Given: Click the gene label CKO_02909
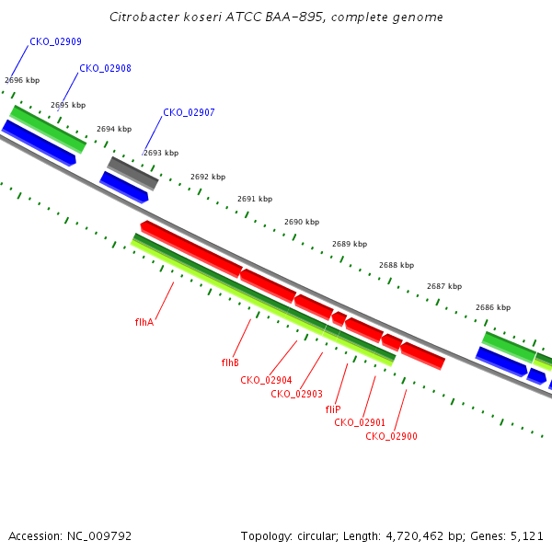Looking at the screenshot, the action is click(55, 42).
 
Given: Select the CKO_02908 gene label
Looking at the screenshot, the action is click(105, 68).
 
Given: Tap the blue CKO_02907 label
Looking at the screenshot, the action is click(189, 112).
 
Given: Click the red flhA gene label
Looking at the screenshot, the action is click(144, 322).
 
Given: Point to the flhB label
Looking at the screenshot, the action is click(230, 362).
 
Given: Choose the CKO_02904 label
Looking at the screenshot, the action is click(266, 380).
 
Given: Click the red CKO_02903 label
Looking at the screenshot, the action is click(297, 394).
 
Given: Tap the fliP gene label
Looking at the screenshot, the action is click(333, 409).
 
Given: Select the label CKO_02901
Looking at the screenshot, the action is click(360, 422).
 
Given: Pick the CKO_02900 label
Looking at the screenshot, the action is click(392, 436).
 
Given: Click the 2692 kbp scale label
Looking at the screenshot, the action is click(208, 177).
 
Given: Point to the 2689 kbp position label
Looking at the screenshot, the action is click(350, 244).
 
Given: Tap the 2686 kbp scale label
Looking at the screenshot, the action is click(493, 307).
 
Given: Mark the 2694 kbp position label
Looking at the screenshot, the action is click(114, 129).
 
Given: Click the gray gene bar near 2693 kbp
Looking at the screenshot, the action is click(132, 173).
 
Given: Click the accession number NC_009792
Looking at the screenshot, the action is click(99, 536).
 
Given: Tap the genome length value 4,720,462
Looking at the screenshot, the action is click(415, 536).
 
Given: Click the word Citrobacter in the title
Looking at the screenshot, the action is click(144, 17).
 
